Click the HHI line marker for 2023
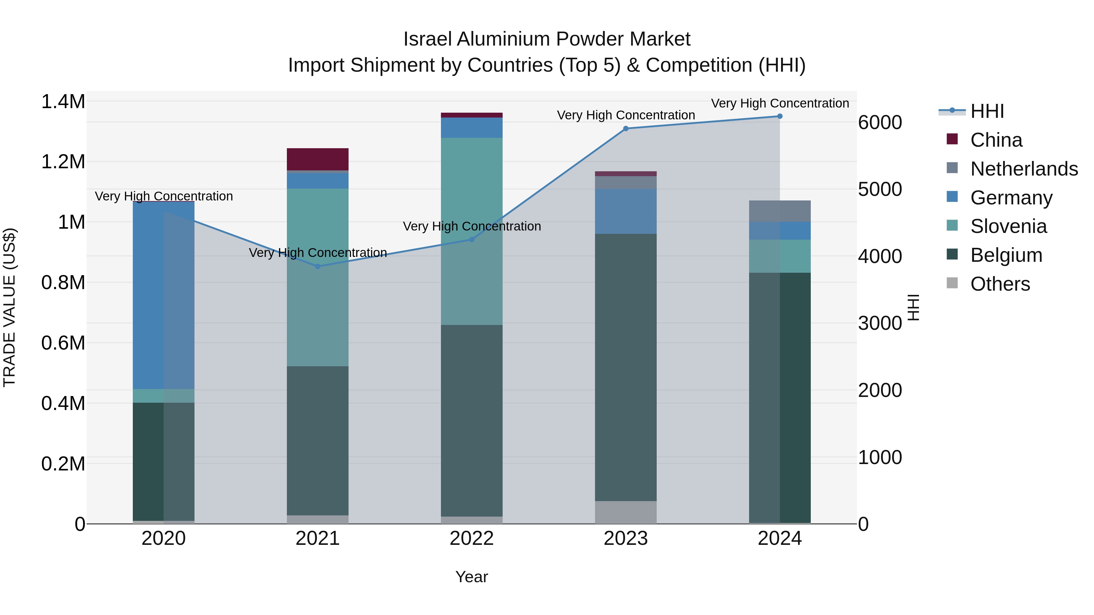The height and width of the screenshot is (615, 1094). tap(626, 128)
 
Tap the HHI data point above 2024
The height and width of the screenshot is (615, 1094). tap(780, 116)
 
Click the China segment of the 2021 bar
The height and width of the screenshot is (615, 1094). tap(318, 159)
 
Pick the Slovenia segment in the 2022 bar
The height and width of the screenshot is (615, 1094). tap(471, 231)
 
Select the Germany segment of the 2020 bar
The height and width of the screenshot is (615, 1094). tap(163, 295)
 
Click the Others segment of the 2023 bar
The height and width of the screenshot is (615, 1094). tap(626, 512)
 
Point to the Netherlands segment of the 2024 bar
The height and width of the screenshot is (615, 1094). tap(780, 211)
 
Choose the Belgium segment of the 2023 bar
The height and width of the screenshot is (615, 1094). tap(626, 367)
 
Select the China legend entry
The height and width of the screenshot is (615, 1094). tap(996, 140)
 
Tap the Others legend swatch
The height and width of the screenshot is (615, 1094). tap(952, 283)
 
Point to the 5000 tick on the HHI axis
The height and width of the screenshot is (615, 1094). tap(880, 189)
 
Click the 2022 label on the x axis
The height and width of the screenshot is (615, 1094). tap(471, 538)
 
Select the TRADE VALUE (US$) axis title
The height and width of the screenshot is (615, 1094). tap(9, 307)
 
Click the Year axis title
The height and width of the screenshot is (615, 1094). tap(471, 577)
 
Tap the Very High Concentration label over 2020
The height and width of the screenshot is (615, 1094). tap(163, 196)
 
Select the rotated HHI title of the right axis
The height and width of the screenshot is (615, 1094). tap(913, 307)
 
